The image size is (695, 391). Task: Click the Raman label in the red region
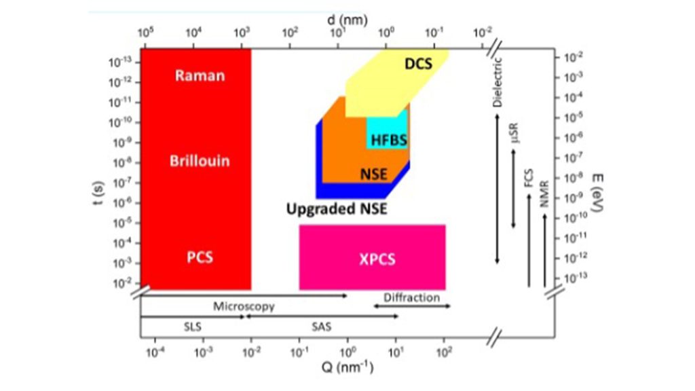[x=200, y=75]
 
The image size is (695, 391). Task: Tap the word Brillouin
[x=200, y=162]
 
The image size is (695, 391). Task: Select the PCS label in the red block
[x=200, y=257]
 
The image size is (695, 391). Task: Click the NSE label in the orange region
[x=373, y=175]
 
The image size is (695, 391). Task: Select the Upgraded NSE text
[x=337, y=208]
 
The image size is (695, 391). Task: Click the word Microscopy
[x=244, y=306]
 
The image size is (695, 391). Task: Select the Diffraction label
[x=411, y=297]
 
